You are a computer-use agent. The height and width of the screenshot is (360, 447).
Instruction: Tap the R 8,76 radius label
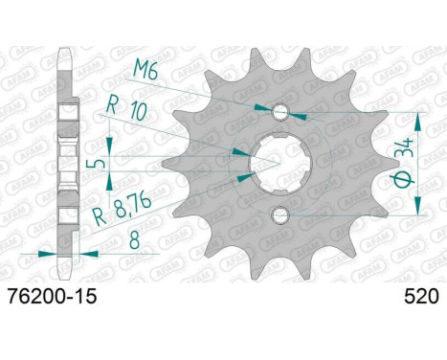122,210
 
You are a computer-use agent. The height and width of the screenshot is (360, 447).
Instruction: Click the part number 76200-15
52,297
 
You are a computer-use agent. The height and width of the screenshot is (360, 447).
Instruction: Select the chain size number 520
421,297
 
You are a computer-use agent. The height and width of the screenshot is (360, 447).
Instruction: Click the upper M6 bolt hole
280,112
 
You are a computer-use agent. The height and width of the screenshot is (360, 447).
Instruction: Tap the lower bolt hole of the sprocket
280,215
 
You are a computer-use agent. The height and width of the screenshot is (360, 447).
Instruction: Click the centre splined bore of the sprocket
280,164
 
